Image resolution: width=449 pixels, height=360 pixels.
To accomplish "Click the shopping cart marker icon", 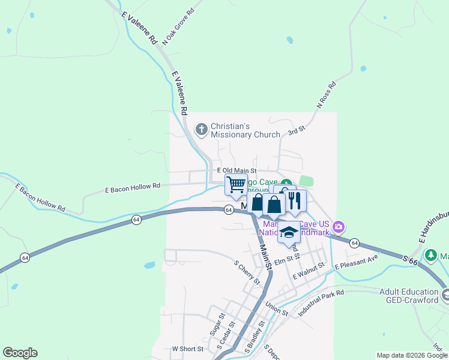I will pos(235,185).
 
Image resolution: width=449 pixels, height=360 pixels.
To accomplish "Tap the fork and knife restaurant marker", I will pos(294,200).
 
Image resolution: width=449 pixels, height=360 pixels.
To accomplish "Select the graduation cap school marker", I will pos(289,232).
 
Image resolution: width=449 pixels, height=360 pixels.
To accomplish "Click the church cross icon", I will pos(202,128).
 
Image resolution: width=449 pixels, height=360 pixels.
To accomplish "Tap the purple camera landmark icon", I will pos(339,227).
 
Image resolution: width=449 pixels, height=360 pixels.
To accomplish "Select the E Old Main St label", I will pos(236,172).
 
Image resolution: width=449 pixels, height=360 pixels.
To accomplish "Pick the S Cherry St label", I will pos(247,271).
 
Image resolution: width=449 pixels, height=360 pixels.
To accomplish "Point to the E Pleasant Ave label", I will pos(356,262).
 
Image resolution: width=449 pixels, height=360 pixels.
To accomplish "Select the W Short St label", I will pos(188,348).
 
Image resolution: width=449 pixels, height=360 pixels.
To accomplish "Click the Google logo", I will pos(20,353).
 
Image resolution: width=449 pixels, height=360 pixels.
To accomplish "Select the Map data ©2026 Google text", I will pos(411,355).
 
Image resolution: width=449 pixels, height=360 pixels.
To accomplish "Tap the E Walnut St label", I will pos(309,270).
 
